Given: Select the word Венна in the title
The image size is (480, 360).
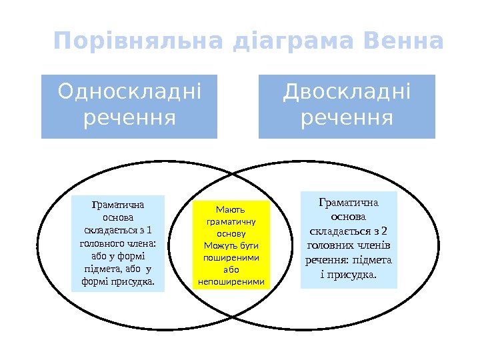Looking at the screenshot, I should coord(404,42).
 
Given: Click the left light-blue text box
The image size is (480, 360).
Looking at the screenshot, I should coord(117,243).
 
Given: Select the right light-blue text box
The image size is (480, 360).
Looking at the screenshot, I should coord(349,239).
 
